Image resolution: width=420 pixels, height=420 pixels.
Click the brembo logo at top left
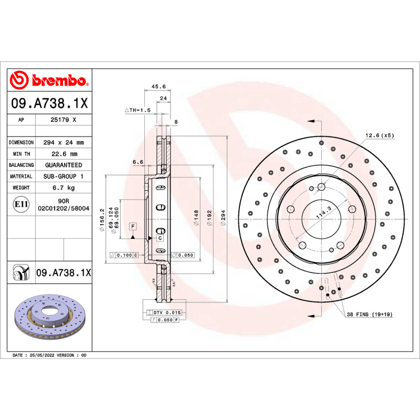pos(48,80)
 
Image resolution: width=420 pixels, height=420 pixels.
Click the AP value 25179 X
pos(64,120)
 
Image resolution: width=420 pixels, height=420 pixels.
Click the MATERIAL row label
pos(21,176)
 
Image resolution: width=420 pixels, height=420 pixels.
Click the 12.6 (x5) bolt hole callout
pos(380,135)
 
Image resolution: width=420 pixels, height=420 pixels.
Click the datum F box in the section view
pos(133,226)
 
